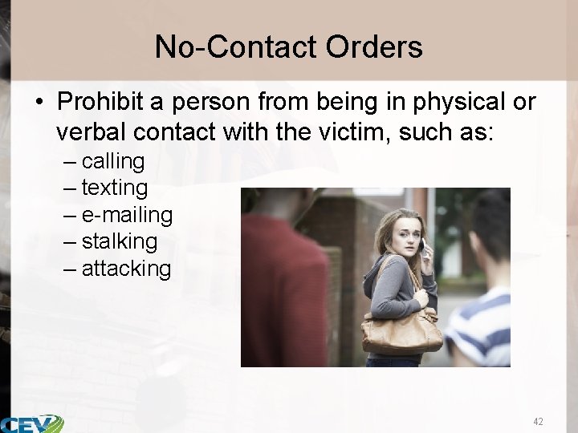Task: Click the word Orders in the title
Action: (374, 47)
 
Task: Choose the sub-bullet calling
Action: (113, 162)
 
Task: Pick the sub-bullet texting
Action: (115, 188)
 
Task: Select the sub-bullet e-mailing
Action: (127, 215)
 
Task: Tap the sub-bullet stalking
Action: (120, 241)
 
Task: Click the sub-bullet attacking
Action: (126, 269)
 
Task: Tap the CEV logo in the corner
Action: (32, 423)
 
